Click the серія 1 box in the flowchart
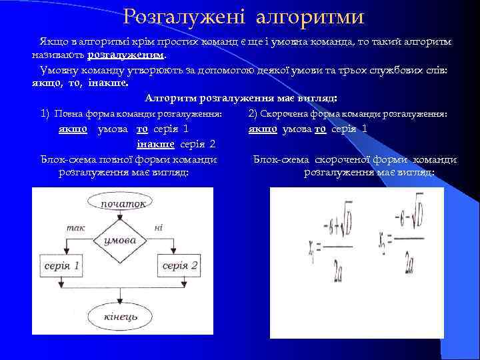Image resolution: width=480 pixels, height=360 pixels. (62, 266)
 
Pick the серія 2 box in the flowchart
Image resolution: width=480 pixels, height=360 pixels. (179, 266)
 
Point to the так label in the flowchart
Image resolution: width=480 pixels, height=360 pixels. (75, 227)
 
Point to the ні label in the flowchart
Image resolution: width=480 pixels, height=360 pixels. (159, 227)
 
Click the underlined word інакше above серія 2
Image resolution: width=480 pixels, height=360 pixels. (155, 143)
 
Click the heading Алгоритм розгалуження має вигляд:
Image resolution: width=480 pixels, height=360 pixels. (241, 98)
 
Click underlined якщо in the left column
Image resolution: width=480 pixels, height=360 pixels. (73, 129)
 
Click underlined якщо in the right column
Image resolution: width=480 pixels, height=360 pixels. (262, 129)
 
